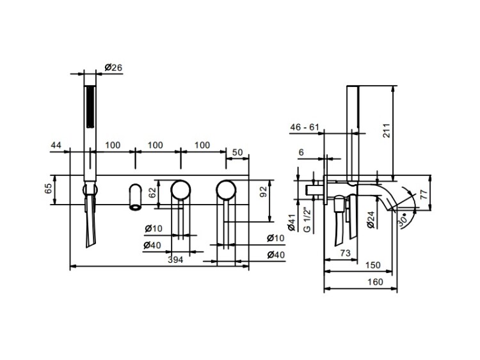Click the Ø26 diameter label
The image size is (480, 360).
(x=113, y=67)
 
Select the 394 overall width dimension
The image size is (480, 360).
(x=175, y=260)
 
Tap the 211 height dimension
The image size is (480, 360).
(x=387, y=130)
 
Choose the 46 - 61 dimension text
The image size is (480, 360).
(x=305, y=127)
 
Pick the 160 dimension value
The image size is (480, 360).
(x=375, y=281)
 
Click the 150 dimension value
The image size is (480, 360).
(x=373, y=265)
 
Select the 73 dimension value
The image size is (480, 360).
(x=345, y=253)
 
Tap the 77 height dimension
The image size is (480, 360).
(x=424, y=194)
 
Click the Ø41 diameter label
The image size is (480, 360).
(x=291, y=222)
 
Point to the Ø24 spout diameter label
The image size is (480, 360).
(x=371, y=220)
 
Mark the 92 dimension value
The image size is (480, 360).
(x=263, y=192)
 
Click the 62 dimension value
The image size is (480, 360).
(x=152, y=192)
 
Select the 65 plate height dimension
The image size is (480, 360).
(x=49, y=189)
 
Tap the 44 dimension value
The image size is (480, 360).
(x=56, y=145)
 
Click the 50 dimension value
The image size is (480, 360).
(x=237, y=152)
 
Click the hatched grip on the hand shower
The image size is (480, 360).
(x=90, y=107)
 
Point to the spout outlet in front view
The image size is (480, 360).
(x=135, y=207)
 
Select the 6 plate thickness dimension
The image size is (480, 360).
(x=301, y=152)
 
